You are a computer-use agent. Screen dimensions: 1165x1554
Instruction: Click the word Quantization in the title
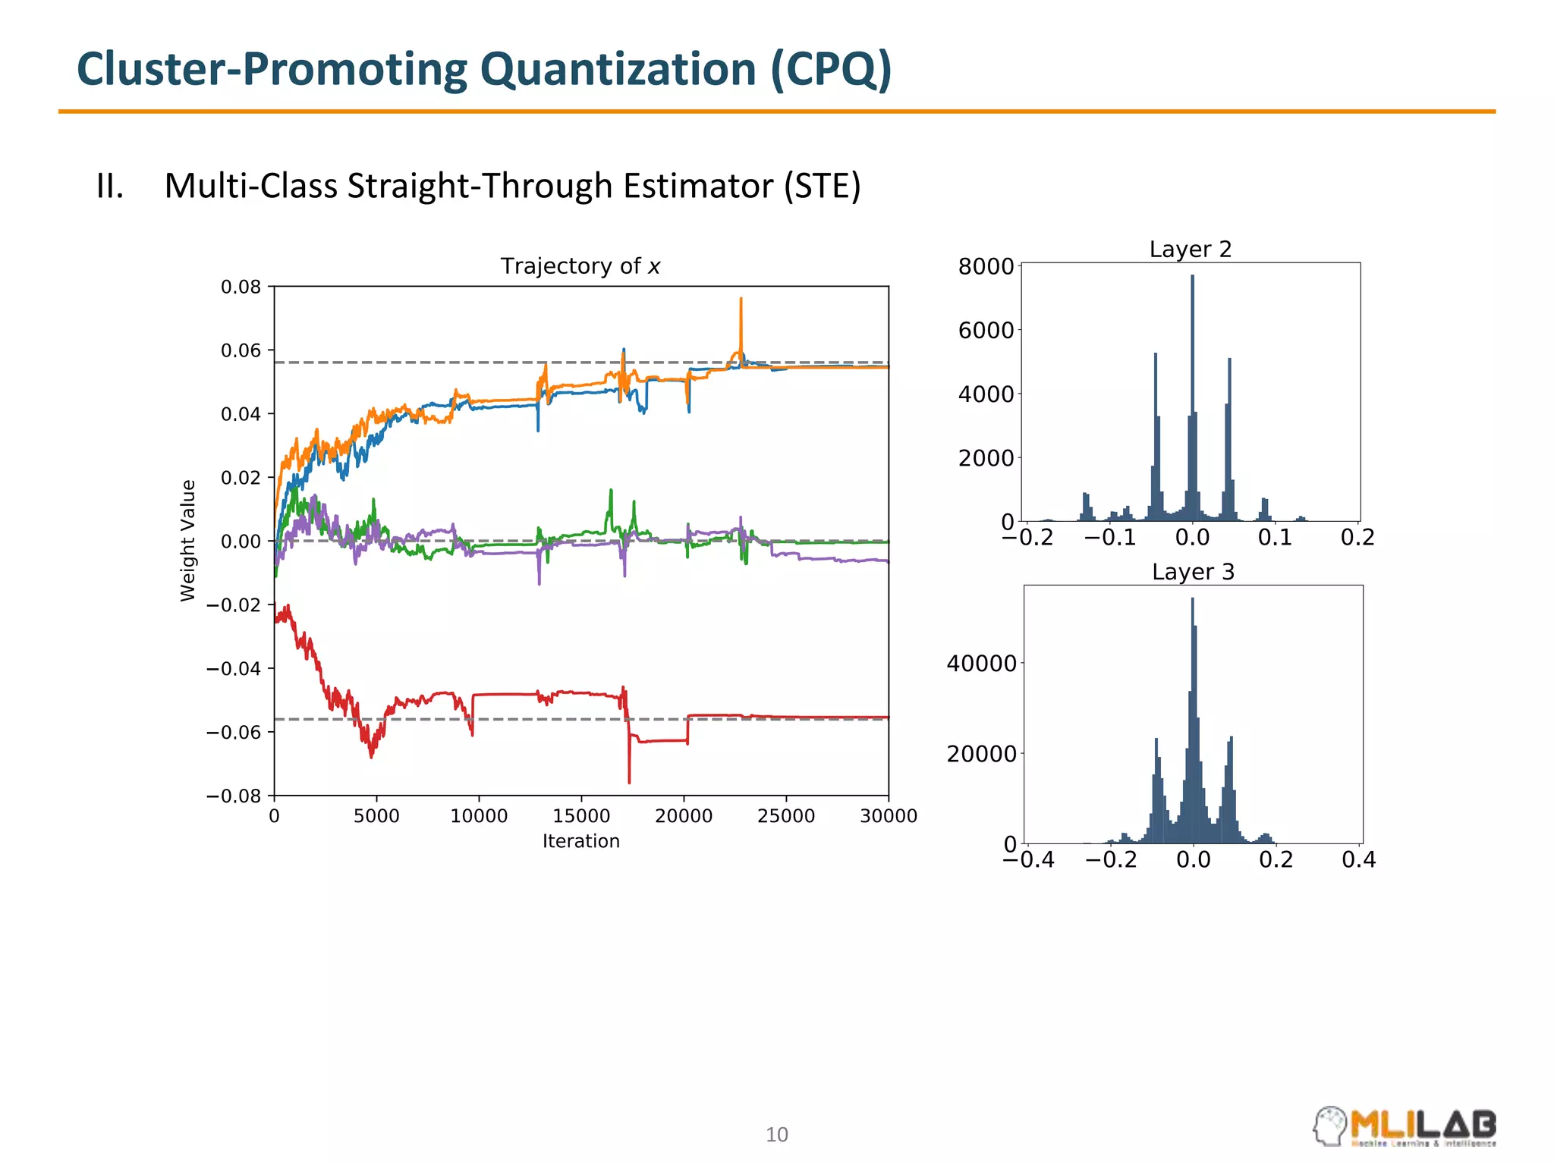tap(618, 70)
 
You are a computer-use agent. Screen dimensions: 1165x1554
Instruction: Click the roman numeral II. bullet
tap(109, 187)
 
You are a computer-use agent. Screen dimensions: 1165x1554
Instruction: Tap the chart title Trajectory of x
tap(580, 266)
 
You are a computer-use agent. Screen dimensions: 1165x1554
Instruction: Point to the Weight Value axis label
tap(187, 541)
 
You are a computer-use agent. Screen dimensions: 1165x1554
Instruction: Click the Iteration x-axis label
tap(580, 841)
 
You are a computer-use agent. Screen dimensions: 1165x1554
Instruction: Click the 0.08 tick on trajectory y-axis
tap(241, 287)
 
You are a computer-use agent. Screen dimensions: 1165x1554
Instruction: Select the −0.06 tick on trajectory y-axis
tap(234, 732)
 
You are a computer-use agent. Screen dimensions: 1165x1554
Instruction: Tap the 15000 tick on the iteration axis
tap(581, 816)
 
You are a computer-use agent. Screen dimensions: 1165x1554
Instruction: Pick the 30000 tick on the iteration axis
tap(888, 816)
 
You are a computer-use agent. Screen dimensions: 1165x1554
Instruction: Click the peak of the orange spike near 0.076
tap(741, 300)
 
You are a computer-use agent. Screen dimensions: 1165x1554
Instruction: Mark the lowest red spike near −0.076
tap(629, 781)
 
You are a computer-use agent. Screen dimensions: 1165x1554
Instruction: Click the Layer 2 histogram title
tap(1190, 250)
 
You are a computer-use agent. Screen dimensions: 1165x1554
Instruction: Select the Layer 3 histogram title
tap(1193, 572)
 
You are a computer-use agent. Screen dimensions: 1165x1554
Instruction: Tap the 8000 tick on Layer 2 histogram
tap(986, 266)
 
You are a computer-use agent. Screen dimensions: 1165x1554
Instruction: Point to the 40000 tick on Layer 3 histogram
tap(981, 664)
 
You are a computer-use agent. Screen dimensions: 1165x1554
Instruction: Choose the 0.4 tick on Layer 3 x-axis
tap(1358, 860)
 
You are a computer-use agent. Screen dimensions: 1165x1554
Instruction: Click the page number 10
tap(776, 1135)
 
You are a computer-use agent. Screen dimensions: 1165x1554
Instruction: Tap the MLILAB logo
tap(1405, 1127)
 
